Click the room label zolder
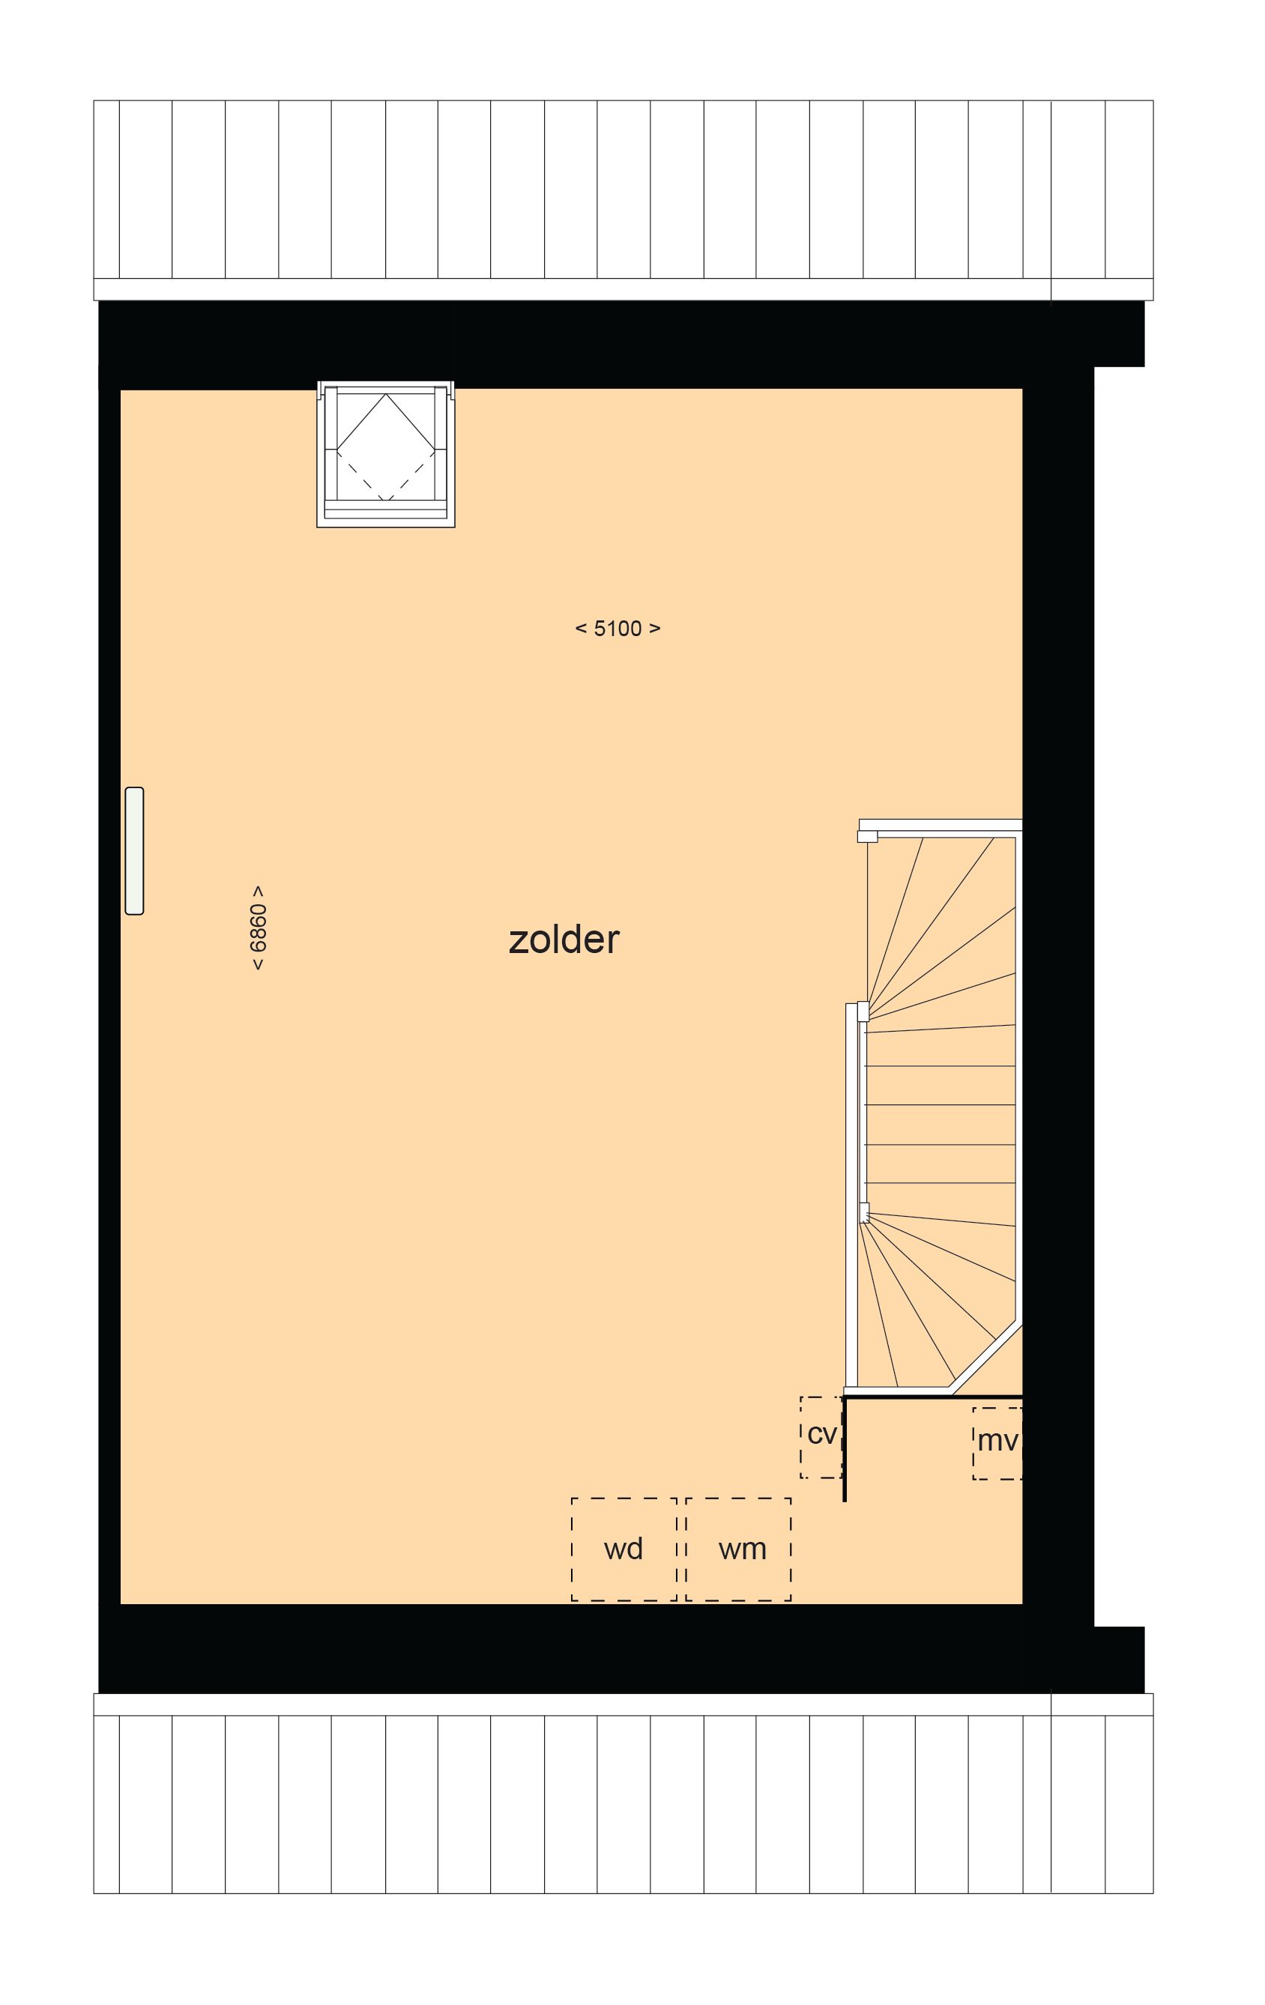click(564, 940)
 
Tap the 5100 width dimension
click(617, 629)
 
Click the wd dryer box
click(623, 1549)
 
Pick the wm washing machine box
click(739, 1549)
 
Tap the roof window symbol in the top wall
click(386, 454)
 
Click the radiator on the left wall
click(134, 850)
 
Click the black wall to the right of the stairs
click(1057, 1083)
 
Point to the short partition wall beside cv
click(845, 1449)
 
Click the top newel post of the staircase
click(867, 835)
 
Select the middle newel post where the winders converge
click(863, 1011)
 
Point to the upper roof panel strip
click(623, 190)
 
